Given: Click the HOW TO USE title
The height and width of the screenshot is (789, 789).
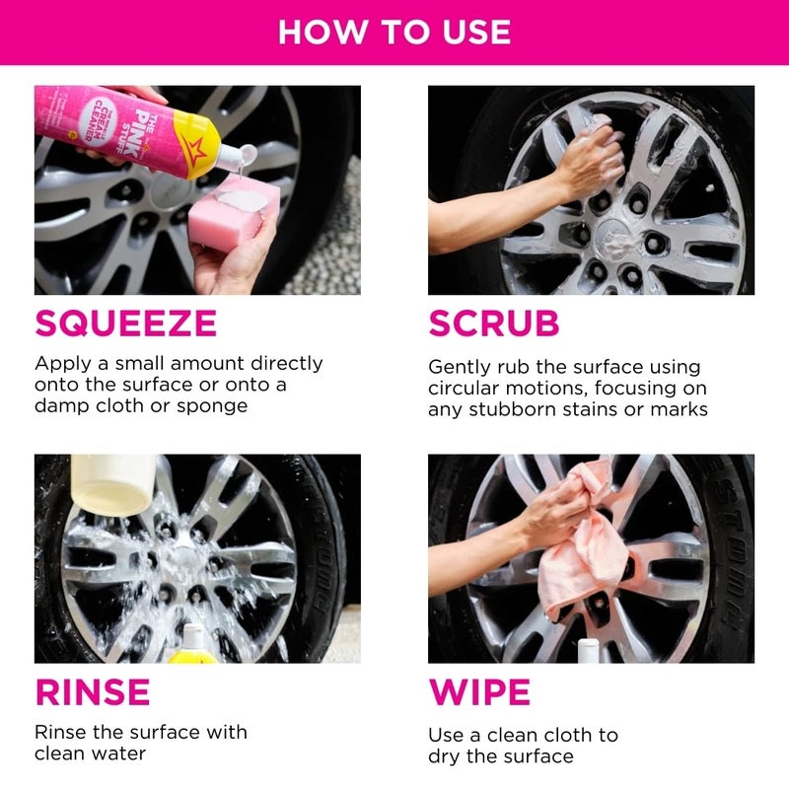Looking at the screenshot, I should (394, 32).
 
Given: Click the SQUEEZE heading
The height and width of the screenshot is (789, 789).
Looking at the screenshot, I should (125, 323).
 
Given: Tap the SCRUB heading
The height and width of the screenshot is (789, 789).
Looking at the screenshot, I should (493, 323).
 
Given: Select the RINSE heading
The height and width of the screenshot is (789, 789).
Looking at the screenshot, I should (93, 691).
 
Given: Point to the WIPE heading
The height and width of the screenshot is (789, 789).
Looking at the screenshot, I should (479, 691).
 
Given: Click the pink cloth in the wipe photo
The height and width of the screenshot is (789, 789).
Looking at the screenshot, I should (582, 562).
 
